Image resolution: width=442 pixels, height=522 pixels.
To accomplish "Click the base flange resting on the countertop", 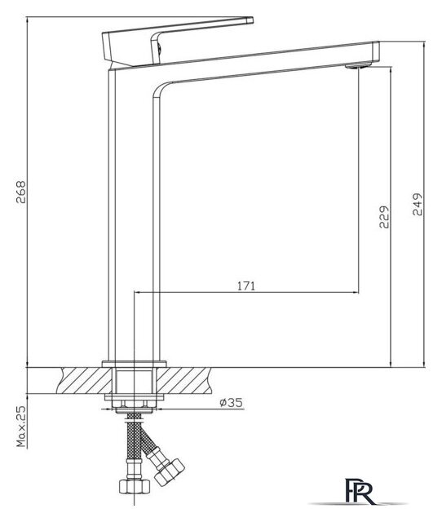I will (135, 361).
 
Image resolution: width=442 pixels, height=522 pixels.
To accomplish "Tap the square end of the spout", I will (376, 53).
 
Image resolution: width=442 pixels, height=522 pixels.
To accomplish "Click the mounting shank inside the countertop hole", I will (135, 379).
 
